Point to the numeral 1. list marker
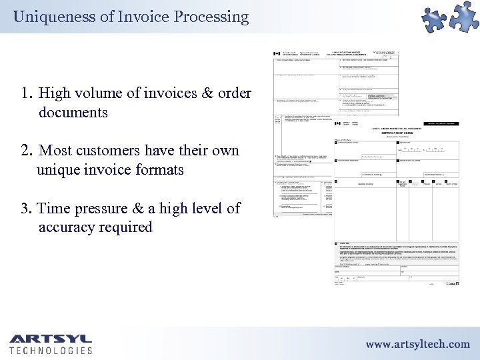pyautogui.click(x=27, y=93)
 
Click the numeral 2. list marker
pyautogui.click(x=27, y=151)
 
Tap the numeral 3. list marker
pyautogui.click(x=27, y=209)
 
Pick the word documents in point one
pyautogui.click(x=73, y=112)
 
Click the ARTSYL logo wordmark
pyautogui.click(x=51, y=339)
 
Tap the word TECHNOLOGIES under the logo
pyautogui.click(x=51, y=350)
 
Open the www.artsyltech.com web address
pyautogui.click(x=417, y=344)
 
